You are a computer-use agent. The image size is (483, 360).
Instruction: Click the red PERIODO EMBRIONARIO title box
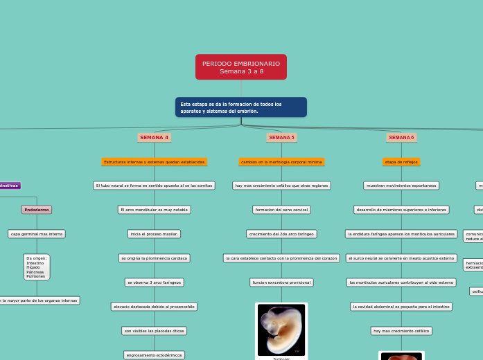click(x=240, y=67)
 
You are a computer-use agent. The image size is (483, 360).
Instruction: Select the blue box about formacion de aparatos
click(x=240, y=107)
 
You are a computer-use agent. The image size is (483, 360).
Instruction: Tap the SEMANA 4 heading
click(x=154, y=137)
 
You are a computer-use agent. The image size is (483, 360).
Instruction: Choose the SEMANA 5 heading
click(x=281, y=137)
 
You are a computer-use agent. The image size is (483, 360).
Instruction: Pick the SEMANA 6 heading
click(x=401, y=137)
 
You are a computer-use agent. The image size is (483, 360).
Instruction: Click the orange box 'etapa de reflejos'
click(x=401, y=161)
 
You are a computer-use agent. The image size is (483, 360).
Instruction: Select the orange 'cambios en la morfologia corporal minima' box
click(x=281, y=161)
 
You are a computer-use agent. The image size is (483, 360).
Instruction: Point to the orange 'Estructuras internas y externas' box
click(x=154, y=161)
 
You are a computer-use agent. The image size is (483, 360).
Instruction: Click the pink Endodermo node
click(x=37, y=209)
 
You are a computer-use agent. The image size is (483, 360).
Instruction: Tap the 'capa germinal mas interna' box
click(x=37, y=234)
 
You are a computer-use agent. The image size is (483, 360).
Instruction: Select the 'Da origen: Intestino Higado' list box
click(x=37, y=267)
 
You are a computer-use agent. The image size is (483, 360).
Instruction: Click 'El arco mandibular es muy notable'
click(x=154, y=209)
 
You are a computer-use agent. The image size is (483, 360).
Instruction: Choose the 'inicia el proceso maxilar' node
click(x=154, y=234)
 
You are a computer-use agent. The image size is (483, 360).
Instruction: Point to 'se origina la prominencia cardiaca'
click(x=154, y=258)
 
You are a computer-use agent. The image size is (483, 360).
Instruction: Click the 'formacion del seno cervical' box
click(x=281, y=209)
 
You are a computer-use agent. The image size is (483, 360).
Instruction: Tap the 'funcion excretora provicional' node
click(x=281, y=282)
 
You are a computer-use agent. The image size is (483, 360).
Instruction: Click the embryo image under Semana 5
click(x=281, y=330)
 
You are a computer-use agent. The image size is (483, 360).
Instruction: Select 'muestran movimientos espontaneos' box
click(x=401, y=186)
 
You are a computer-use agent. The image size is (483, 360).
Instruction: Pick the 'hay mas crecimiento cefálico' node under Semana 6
click(x=401, y=331)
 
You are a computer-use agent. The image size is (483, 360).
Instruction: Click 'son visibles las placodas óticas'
click(x=154, y=331)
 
